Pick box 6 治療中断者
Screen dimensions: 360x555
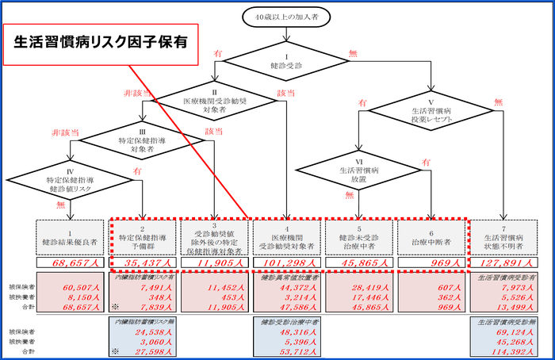(432, 236)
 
